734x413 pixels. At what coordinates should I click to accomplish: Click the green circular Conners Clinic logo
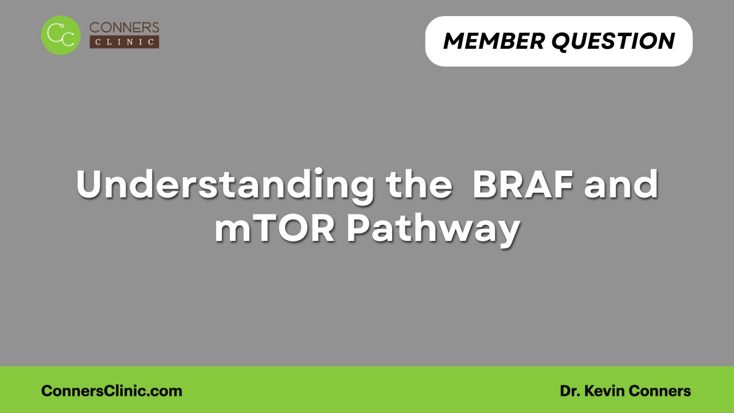(61, 35)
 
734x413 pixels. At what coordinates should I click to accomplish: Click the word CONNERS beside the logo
(124, 28)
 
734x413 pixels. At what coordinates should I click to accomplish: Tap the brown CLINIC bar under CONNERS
(124, 42)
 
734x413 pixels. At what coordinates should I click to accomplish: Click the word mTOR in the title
(275, 229)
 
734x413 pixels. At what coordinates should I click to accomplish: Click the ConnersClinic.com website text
(112, 391)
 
